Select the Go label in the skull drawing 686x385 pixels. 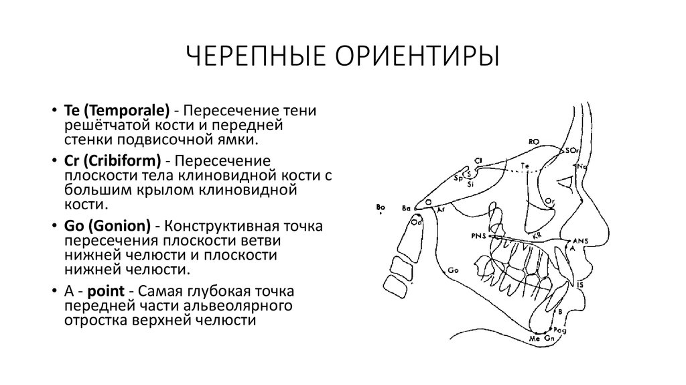tap(453, 270)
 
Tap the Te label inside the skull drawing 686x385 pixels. tap(525, 165)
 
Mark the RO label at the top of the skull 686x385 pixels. tap(534, 142)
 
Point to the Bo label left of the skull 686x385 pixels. tap(381, 207)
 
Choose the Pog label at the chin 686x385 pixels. tap(561, 329)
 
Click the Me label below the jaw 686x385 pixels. tap(535, 340)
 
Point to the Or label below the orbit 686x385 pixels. tap(549, 200)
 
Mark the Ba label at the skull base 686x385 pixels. tap(405, 209)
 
